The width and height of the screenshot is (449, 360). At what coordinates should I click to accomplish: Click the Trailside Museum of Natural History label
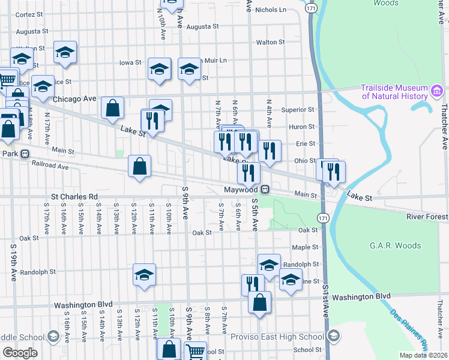pos(393,92)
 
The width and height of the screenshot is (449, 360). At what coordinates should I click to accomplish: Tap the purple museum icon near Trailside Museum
pos(436,92)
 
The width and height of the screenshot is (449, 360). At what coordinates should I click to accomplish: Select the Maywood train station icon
pos(264,190)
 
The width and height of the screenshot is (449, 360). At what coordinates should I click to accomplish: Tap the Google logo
pos(20,353)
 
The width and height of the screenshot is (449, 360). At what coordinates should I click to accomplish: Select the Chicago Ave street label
pos(74,98)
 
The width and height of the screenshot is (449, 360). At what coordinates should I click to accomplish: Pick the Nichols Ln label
pos(271,10)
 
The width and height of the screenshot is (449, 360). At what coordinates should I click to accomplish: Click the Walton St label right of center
pos(270,42)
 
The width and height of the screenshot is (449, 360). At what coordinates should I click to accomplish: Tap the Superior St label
pos(298,110)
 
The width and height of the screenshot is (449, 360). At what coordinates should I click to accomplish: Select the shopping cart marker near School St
pos(195,351)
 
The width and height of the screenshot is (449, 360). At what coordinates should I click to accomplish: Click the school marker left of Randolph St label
pos(269,264)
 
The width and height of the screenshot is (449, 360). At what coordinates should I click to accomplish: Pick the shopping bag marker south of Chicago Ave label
pos(112,108)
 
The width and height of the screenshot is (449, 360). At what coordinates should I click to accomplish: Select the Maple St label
pos(305,247)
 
